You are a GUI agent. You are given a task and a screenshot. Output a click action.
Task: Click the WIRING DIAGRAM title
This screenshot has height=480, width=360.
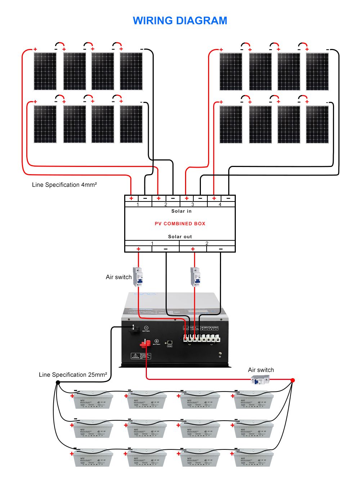(180, 21)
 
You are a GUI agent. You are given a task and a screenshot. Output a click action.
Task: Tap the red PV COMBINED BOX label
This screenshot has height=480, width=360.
(180, 223)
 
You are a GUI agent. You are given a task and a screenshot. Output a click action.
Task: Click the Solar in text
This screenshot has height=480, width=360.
(181, 211)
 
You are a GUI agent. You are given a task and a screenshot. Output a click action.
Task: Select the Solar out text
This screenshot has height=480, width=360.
(180, 236)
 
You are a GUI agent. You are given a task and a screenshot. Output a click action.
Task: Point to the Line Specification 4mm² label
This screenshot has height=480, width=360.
(64, 185)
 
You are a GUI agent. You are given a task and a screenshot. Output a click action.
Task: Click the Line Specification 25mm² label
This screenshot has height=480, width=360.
(73, 375)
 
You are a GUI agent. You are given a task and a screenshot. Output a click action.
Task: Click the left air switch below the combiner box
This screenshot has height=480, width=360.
(138, 276)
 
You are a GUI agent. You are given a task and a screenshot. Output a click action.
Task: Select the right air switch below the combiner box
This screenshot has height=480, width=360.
(195, 276)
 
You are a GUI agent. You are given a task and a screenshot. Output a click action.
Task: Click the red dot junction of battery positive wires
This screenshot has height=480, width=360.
(293, 380)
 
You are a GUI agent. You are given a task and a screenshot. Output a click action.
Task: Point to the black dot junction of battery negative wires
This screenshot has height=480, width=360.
(58, 382)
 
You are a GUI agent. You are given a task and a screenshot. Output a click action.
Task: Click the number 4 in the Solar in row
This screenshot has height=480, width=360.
(220, 204)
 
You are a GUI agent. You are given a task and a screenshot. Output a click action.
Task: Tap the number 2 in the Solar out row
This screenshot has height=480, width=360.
(207, 244)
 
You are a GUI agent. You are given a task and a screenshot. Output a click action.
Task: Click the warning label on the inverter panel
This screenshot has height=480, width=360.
(140, 356)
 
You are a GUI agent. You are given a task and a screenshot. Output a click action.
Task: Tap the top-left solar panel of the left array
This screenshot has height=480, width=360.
(45, 71)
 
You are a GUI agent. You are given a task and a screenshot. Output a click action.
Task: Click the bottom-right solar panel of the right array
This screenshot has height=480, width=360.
(317, 124)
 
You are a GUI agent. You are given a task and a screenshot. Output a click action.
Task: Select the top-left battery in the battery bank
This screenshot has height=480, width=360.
(93, 400)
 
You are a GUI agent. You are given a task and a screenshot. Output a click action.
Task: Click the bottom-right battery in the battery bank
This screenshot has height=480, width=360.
(253, 457)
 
